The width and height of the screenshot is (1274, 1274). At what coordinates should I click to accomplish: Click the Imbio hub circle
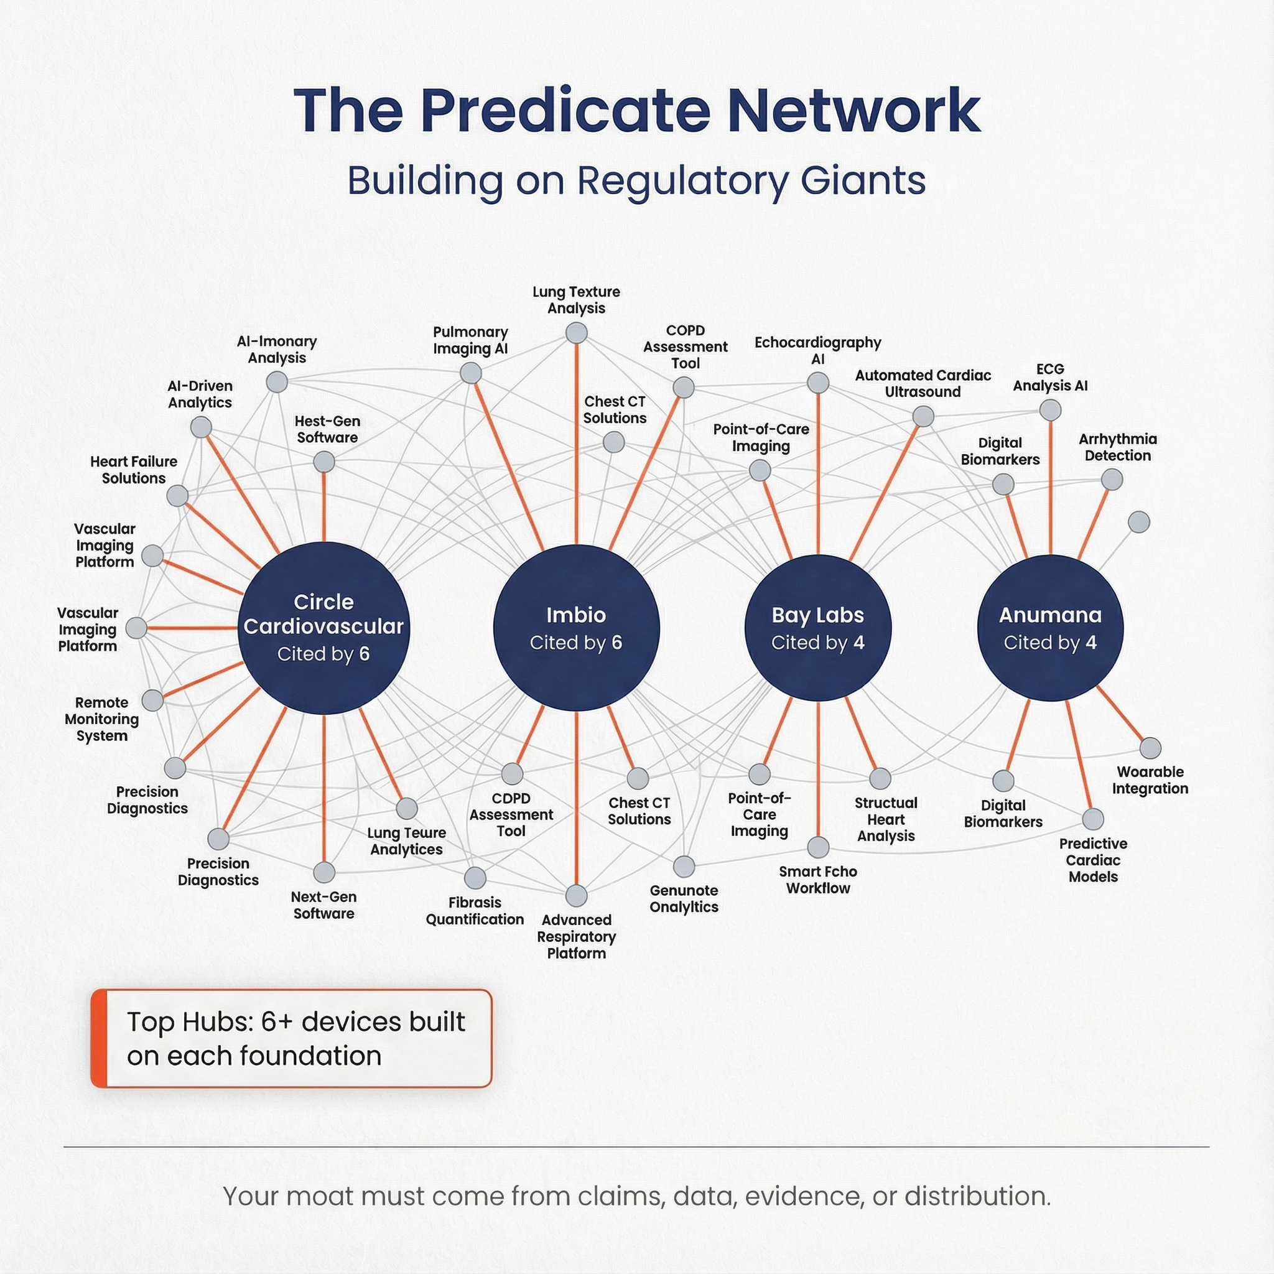tap(576, 628)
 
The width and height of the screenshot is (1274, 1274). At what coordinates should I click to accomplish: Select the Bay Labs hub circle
tap(817, 628)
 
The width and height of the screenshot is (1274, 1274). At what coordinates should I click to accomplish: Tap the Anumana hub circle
tap(1050, 628)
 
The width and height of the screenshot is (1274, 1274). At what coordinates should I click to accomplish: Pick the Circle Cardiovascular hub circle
tap(323, 628)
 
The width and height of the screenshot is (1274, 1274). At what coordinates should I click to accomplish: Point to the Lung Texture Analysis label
tap(576, 300)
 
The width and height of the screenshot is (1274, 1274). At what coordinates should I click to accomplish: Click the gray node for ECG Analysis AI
tap(1050, 410)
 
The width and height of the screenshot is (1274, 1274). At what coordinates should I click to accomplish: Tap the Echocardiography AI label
tap(817, 351)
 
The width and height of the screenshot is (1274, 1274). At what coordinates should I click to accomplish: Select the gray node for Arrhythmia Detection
tap(1112, 480)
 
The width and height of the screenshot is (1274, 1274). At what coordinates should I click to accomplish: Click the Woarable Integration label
tap(1150, 780)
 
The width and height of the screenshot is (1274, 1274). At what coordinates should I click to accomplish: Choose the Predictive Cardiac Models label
tap(1092, 860)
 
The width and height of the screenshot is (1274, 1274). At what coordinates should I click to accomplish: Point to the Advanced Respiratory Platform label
tap(576, 936)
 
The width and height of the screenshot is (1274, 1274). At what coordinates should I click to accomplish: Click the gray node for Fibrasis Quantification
tap(475, 878)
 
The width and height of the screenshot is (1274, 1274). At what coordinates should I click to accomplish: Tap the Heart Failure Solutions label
tap(134, 470)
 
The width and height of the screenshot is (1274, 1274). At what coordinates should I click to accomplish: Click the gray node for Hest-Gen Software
tap(323, 462)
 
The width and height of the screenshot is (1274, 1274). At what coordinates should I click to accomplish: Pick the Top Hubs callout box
tap(292, 1038)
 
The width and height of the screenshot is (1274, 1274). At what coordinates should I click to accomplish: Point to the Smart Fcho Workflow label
tap(817, 880)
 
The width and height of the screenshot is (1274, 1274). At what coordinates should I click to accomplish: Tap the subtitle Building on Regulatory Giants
tap(636, 180)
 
